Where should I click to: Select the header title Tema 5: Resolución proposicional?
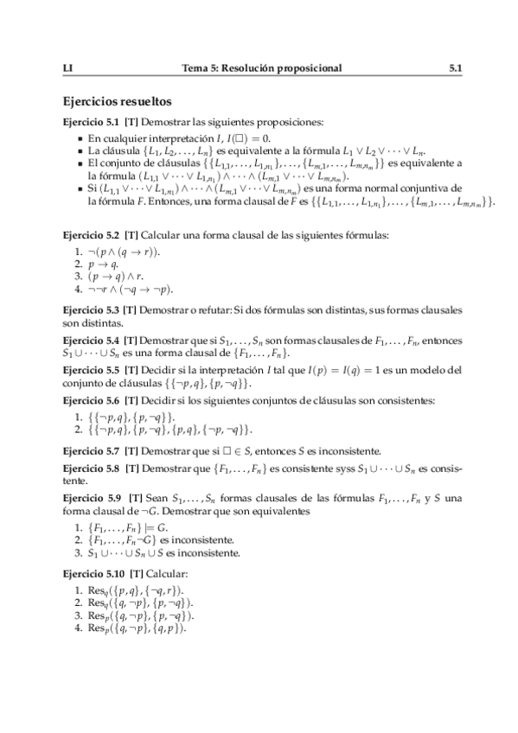pyautogui.click(x=261, y=67)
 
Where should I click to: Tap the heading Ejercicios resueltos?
pyautogui.click(x=118, y=100)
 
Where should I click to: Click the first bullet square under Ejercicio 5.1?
pyautogui.click(x=80, y=137)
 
